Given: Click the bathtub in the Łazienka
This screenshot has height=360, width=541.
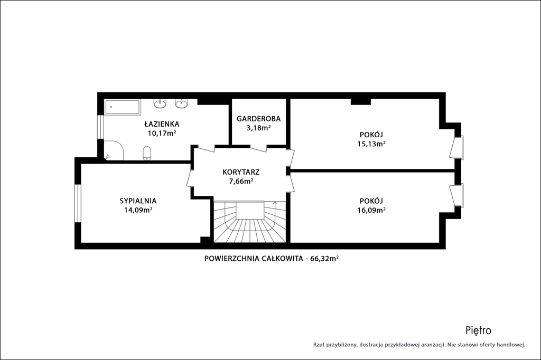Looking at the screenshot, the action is point(123,107).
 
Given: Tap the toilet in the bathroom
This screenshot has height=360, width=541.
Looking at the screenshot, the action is point(147,154).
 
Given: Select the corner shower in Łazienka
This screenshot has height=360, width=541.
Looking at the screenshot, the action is point(114,150).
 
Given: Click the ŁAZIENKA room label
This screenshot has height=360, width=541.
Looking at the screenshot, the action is point(162,124).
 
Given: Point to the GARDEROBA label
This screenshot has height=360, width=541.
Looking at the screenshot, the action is point(258,119).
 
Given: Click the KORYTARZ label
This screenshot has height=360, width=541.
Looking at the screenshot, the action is point(241,172).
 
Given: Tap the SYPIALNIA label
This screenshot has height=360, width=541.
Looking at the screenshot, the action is point(138,201).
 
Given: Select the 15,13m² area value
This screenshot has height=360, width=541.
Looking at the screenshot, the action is point(371,144).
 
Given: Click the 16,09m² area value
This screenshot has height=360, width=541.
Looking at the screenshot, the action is point(371,210).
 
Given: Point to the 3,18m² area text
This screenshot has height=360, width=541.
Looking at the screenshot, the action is point(258,128).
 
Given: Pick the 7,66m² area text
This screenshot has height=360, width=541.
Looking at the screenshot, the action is point(241,181).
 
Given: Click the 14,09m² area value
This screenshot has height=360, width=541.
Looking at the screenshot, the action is point(138,210).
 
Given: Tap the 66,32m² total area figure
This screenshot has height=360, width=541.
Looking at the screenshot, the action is point(324,258).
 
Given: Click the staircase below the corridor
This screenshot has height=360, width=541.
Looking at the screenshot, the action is point(250,221).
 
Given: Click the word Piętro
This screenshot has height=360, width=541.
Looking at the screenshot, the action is point(478,330).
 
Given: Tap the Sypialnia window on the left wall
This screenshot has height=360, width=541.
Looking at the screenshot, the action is point(78,203).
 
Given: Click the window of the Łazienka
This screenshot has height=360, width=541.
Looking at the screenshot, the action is point(100,127).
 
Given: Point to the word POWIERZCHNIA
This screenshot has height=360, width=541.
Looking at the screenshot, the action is point(231,258).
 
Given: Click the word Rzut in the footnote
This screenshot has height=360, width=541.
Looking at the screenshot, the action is point(319,345).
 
